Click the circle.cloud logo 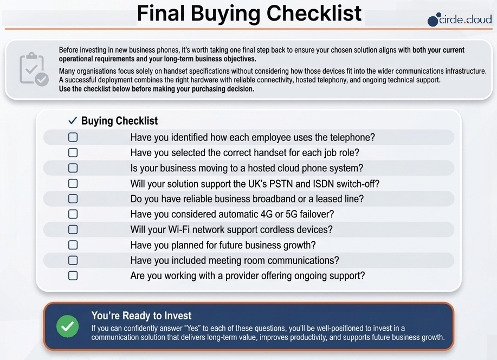click(460, 20)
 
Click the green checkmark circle click(68, 326)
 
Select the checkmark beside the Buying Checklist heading click(73, 120)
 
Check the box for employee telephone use click(73, 137)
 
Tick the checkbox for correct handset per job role click(73, 152)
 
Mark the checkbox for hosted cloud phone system click(73, 168)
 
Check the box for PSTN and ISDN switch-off click(73, 183)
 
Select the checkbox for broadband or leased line click(73, 198)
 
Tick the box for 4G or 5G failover click(73, 214)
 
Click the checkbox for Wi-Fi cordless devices click(73, 229)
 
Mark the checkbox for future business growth click(73, 245)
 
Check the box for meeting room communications click(73, 260)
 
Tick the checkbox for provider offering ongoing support click(73, 275)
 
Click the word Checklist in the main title click(314, 14)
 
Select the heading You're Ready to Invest click(141, 316)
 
